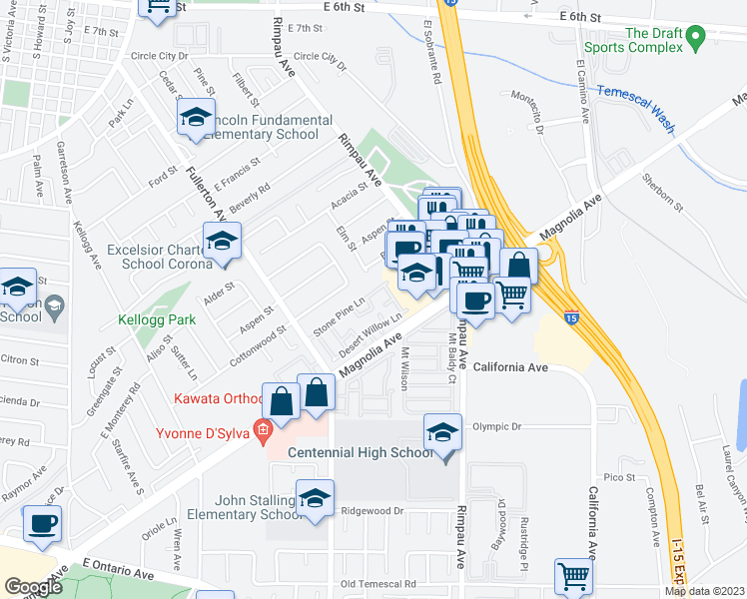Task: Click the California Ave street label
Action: [x=511, y=367]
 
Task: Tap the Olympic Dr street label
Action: [x=496, y=426]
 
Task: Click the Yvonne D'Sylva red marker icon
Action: [x=263, y=433]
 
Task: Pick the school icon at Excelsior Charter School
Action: [x=222, y=240]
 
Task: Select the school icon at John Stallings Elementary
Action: [x=316, y=497]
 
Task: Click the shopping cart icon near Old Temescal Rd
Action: [x=573, y=575]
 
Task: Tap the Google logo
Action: [x=33, y=587]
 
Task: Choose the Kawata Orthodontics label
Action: [x=218, y=399]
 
